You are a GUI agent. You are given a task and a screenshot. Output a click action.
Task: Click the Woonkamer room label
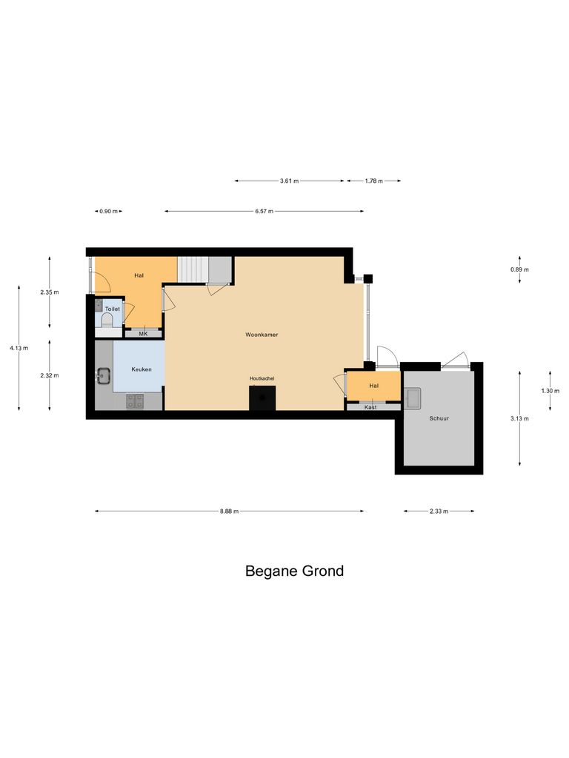tap(261, 335)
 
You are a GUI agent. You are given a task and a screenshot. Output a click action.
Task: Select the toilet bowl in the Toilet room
tap(107, 319)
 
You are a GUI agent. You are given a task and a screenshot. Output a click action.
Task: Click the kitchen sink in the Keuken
tap(102, 377)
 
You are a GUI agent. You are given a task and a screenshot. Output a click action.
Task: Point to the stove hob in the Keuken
tap(135, 401)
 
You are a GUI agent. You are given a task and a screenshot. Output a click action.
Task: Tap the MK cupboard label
tap(143, 334)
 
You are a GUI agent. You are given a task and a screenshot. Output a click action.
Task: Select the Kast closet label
tap(370, 407)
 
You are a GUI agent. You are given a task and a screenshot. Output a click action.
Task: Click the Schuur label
tap(439, 418)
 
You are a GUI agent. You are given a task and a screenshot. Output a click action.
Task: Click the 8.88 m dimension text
tap(229, 511)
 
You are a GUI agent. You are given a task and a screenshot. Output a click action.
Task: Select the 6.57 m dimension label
tap(264, 212)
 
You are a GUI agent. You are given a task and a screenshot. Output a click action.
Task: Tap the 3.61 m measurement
tap(290, 181)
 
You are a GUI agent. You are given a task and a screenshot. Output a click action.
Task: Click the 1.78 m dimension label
tap(374, 181)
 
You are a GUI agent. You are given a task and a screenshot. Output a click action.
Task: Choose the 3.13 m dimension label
tap(519, 419)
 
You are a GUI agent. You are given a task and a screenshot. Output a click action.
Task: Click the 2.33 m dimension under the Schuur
tap(439, 511)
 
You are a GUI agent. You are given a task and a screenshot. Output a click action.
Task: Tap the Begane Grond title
tap(294, 571)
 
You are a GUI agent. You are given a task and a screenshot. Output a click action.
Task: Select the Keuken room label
tap(142, 369)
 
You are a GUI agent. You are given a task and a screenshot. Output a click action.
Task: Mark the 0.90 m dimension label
tap(108, 212)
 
